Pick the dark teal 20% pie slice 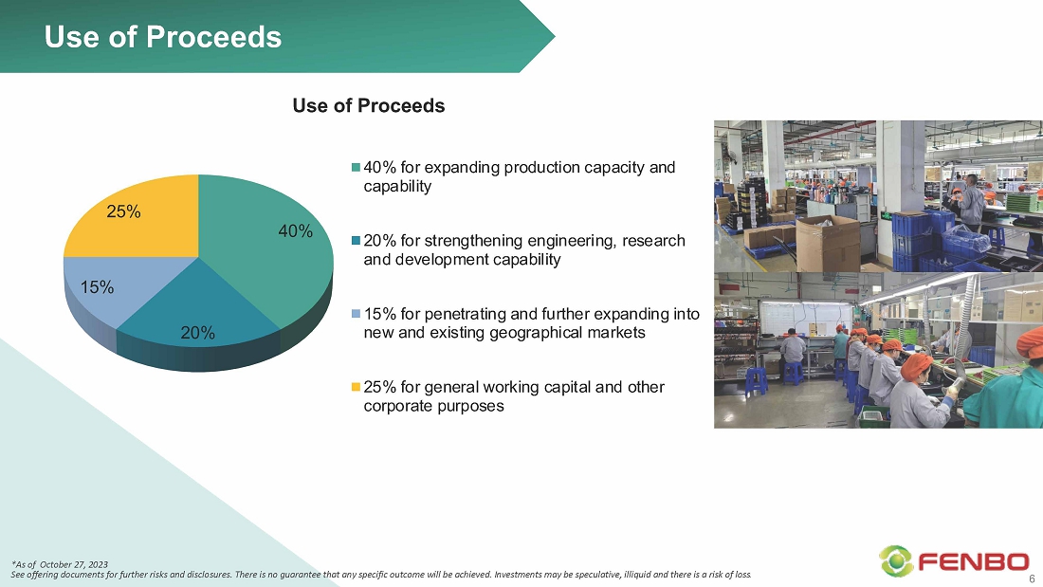(198, 313)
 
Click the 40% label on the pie (295, 231)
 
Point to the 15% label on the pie (97, 287)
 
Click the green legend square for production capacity (356, 167)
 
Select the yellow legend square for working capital (356, 387)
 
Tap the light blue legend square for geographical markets (356, 314)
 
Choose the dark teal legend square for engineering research (356, 240)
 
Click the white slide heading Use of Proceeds (163, 37)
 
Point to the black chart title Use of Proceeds (369, 105)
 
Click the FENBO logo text (973, 562)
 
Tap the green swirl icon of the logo (896, 561)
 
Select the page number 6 (1033, 578)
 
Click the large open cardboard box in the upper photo (827, 242)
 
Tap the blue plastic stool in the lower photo (756, 380)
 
